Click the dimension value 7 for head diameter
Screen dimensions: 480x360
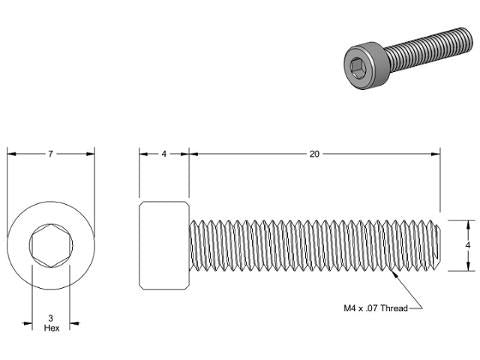coord(50,154)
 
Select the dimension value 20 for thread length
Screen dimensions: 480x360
coord(314,154)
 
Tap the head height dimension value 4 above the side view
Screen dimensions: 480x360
coord(164,154)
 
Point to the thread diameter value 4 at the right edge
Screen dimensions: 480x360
coord(468,245)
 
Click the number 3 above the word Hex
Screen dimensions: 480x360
coord(51,318)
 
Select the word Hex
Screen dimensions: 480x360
coord(52,328)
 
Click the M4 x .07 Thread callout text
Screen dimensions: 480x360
coord(376,308)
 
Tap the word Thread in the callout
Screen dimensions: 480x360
coord(394,308)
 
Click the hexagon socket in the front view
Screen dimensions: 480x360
coord(51,246)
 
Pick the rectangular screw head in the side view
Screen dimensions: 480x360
coord(164,245)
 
